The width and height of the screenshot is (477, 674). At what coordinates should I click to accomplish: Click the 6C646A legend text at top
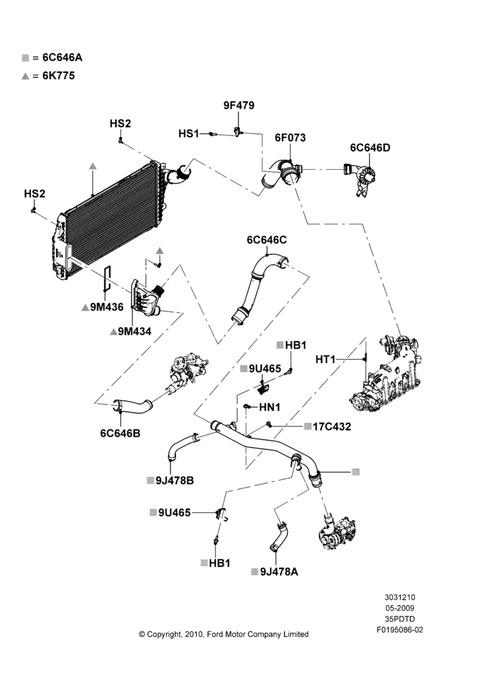62,57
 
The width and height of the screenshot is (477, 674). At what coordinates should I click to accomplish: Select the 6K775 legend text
59,75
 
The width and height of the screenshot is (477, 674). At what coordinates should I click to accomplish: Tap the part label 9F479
238,105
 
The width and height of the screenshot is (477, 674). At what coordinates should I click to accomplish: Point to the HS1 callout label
189,133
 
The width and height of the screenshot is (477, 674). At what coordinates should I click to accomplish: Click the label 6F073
290,137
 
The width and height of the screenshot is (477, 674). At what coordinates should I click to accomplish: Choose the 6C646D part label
370,148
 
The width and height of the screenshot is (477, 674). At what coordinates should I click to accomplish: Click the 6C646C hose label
266,240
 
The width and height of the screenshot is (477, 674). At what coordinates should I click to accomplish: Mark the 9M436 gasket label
106,307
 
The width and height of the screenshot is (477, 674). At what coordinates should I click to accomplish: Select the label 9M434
135,332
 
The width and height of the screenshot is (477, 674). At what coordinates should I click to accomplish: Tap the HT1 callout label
325,359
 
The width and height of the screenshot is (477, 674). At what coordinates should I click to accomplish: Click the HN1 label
269,406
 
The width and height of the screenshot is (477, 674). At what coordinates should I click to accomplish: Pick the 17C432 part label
331,427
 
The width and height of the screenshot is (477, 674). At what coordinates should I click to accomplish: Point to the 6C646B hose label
121,433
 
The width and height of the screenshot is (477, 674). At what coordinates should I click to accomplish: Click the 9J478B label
174,481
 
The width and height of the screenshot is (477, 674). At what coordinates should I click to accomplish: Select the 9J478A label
279,572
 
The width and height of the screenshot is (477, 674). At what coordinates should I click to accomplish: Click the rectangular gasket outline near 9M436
107,280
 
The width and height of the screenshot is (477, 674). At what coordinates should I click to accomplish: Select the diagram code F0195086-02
400,630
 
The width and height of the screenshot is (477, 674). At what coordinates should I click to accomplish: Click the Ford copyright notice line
224,634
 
